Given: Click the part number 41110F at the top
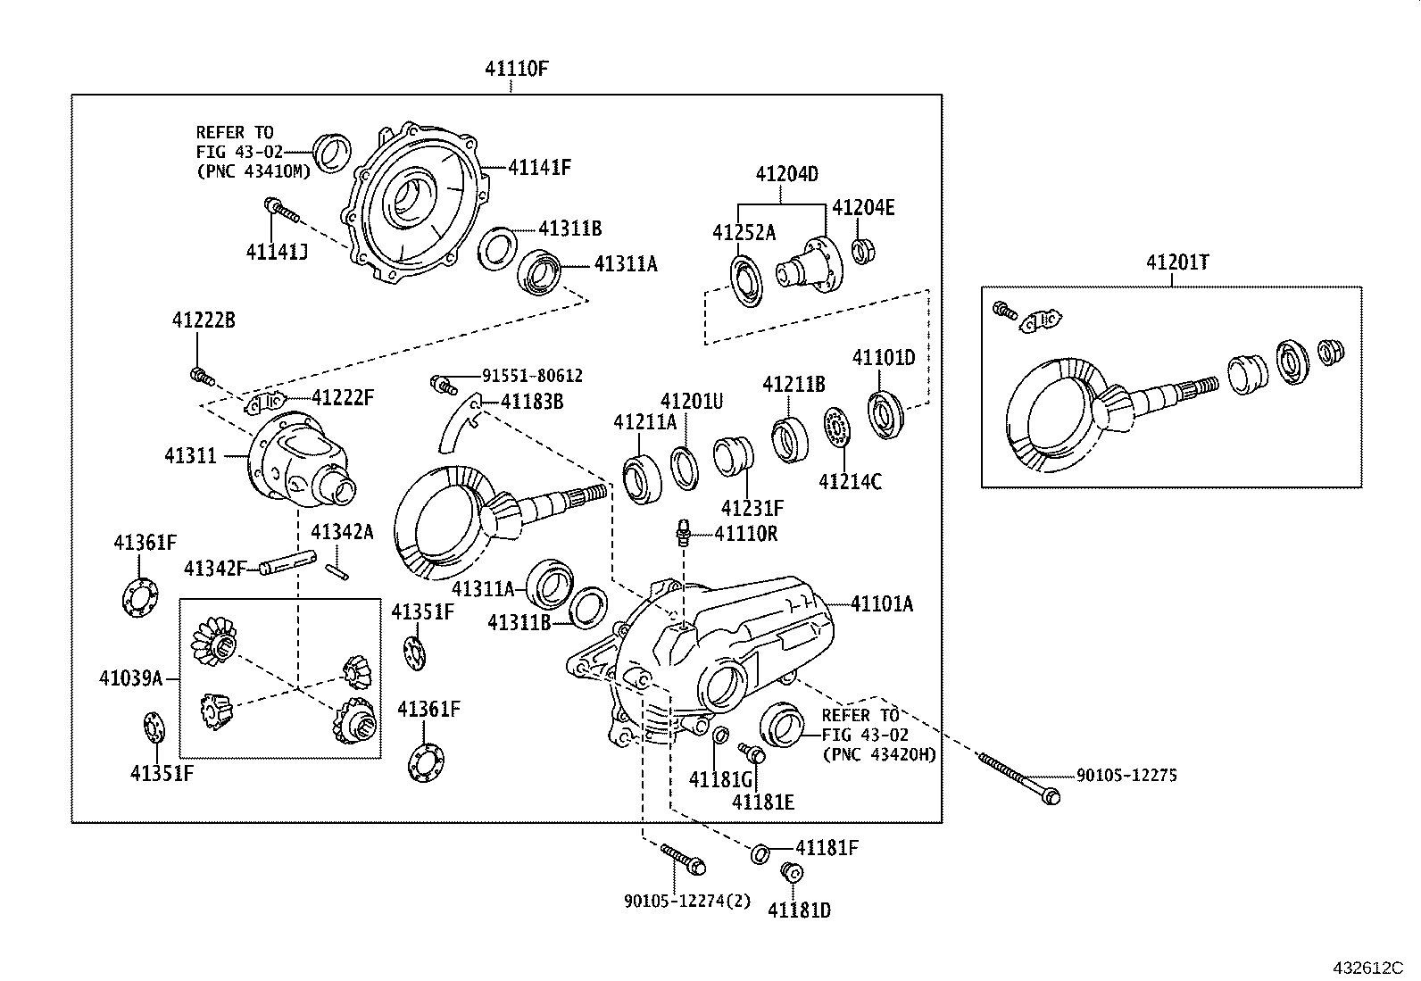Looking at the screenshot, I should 511,69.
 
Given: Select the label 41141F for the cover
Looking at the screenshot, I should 539,167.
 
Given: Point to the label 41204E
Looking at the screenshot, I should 863,208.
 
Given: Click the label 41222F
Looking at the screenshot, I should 342,398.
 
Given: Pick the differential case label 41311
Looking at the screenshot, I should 190,455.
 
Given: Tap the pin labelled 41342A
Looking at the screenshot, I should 337,570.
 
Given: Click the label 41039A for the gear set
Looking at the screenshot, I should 130,678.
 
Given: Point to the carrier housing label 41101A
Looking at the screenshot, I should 882,604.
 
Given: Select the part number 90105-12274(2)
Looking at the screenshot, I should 687,902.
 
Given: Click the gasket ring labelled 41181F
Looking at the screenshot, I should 760,853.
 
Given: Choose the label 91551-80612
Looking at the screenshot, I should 532,377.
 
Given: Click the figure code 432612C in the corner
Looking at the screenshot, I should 1368,968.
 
